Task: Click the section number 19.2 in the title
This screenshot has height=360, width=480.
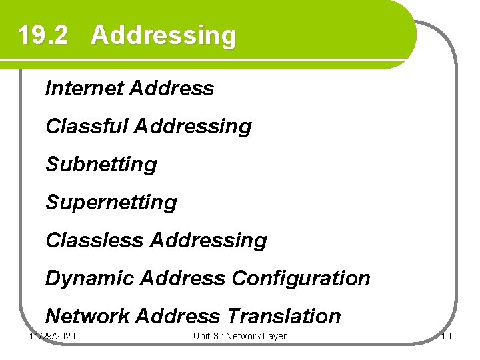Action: click(x=43, y=35)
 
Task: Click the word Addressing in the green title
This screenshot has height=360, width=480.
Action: click(x=163, y=35)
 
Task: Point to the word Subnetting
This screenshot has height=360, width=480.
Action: click(x=101, y=164)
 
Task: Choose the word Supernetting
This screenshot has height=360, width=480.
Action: click(x=111, y=202)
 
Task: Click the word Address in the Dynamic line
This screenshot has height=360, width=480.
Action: click(x=181, y=278)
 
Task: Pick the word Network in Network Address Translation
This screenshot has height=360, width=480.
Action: click(x=87, y=316)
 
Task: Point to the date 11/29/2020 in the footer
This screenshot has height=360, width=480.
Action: click(x=53, y=336)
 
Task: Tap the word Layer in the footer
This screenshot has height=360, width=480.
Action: click(x=273, y=336)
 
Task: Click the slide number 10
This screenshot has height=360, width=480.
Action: click(x=446, y=336)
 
